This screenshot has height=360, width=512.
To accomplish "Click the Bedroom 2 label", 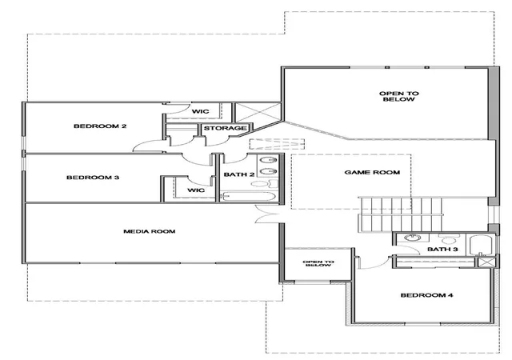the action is [100, 126].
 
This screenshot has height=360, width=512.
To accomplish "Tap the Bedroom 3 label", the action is [93, 178].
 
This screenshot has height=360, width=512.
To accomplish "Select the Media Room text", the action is [150, 231].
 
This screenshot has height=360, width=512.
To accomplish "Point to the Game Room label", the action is [372, 172].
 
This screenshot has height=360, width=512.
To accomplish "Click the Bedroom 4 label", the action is [426, 295].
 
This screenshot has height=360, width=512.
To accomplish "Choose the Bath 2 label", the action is [239, 174].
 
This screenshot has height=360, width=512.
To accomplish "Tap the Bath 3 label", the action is [442, 250].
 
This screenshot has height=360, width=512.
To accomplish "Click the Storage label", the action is [226, 128].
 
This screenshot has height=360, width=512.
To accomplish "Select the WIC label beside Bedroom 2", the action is [200, 111].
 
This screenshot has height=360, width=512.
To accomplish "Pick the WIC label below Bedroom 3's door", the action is [196, 190].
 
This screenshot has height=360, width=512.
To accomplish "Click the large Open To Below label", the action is [398, 96].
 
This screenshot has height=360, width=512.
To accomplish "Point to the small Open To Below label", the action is [318, 263].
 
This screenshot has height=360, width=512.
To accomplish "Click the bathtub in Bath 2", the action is [249, 196].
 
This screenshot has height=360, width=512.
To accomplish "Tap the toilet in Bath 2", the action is [264, 184].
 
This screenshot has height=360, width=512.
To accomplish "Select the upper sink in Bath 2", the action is [269, 160].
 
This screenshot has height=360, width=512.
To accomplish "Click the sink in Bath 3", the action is [412, 238].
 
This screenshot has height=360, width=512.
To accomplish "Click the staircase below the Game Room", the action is [401, 214].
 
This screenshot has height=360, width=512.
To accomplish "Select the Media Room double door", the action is [266, 214].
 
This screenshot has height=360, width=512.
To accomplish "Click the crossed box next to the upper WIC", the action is [258, 113].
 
